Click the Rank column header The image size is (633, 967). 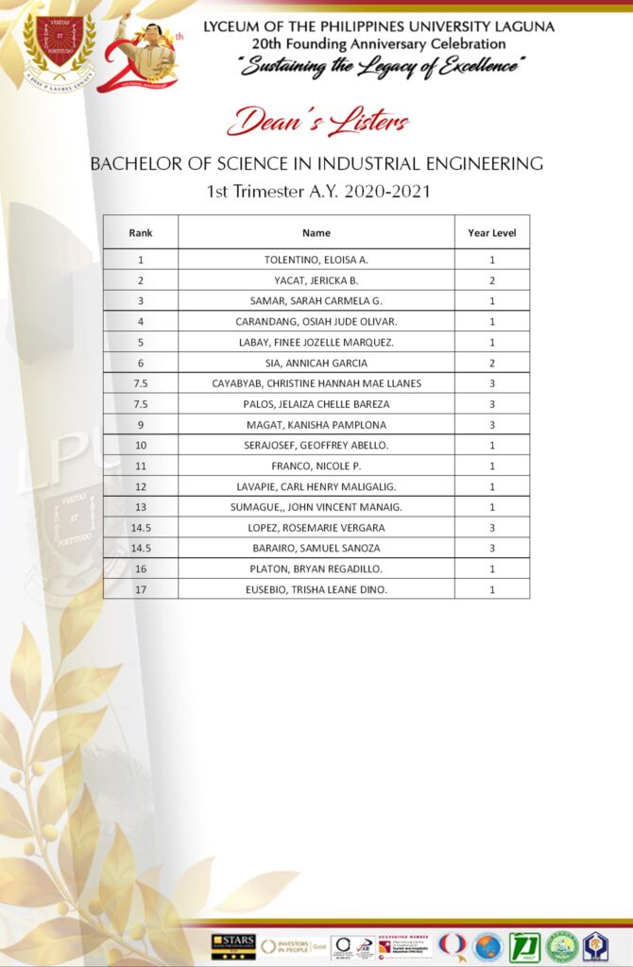[x=140, y=232]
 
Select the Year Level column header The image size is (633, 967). [x=491, y=232]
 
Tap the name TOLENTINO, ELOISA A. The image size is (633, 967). [x=316, y=260]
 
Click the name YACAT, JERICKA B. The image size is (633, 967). [x=316, y=280]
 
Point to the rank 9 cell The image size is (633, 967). [x=140, y=425]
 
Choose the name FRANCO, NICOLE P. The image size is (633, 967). [x=316, y=467]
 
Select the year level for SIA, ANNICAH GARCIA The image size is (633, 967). [x=491, y=363]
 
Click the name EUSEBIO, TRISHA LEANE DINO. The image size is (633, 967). [x=316, y=589]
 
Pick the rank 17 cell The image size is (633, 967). [x=140, y=589]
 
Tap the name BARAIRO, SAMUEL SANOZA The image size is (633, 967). [x=316, y=549]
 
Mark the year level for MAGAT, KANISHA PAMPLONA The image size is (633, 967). [x=491, y=425]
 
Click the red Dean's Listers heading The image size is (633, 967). [x=317, y=122]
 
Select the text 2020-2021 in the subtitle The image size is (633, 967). [x=384, y=192]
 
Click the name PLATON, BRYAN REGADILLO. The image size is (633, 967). [x=316, y=569]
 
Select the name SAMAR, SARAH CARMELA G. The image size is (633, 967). [x=316, y=301]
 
